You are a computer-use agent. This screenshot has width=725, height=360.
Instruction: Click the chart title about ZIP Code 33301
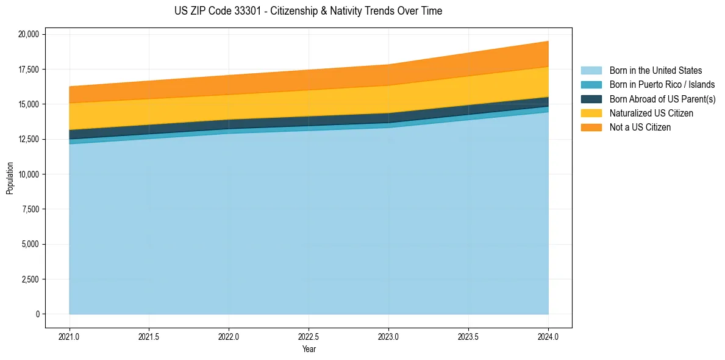(308, 11)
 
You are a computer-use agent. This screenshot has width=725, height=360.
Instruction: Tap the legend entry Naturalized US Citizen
(651, 113)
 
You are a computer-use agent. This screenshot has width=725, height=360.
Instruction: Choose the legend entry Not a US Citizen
(640, 128)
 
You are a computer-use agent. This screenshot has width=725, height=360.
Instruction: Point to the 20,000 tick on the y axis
(28, 34)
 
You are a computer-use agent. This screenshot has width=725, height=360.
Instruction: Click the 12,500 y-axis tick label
(28, 140)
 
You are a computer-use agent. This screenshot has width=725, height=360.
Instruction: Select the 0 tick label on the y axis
(37, 314)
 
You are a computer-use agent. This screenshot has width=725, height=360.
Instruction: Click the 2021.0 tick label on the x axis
(70, 337)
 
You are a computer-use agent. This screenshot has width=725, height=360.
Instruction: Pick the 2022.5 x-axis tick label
(309, 337)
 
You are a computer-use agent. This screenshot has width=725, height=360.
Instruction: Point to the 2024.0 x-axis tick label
(548, 337)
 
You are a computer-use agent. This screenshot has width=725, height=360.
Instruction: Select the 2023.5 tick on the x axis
(468, 337)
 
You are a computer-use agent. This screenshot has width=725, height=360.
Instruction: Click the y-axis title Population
(10, 178)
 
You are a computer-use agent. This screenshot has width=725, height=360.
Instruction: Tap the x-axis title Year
(309, 350)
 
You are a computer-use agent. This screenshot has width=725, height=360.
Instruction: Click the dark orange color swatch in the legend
(591, 128)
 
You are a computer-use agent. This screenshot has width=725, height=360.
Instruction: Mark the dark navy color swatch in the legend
(591, 99)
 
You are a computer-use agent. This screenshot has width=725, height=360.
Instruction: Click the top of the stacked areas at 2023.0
(388, 65)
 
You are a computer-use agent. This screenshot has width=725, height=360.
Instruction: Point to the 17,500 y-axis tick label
(28, 70)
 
